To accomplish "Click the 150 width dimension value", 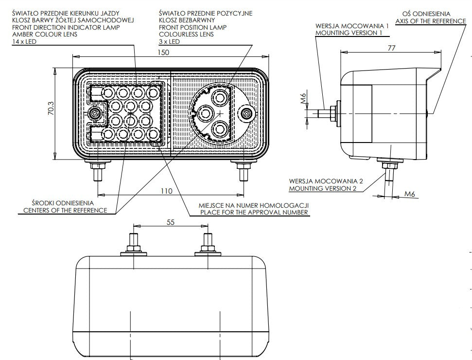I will [164, 52].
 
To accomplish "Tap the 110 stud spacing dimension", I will [167, 191].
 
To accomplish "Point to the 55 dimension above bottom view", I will [171, 222].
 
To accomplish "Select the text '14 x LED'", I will [24, 42].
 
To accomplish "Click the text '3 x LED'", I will [169, 42].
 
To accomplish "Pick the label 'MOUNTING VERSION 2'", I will [323, 188].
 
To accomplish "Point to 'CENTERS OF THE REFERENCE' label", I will [65, 210].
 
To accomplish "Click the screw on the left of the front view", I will [95, 114].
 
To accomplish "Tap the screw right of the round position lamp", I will [246, 114].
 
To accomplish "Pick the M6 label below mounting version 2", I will [411, 195].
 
